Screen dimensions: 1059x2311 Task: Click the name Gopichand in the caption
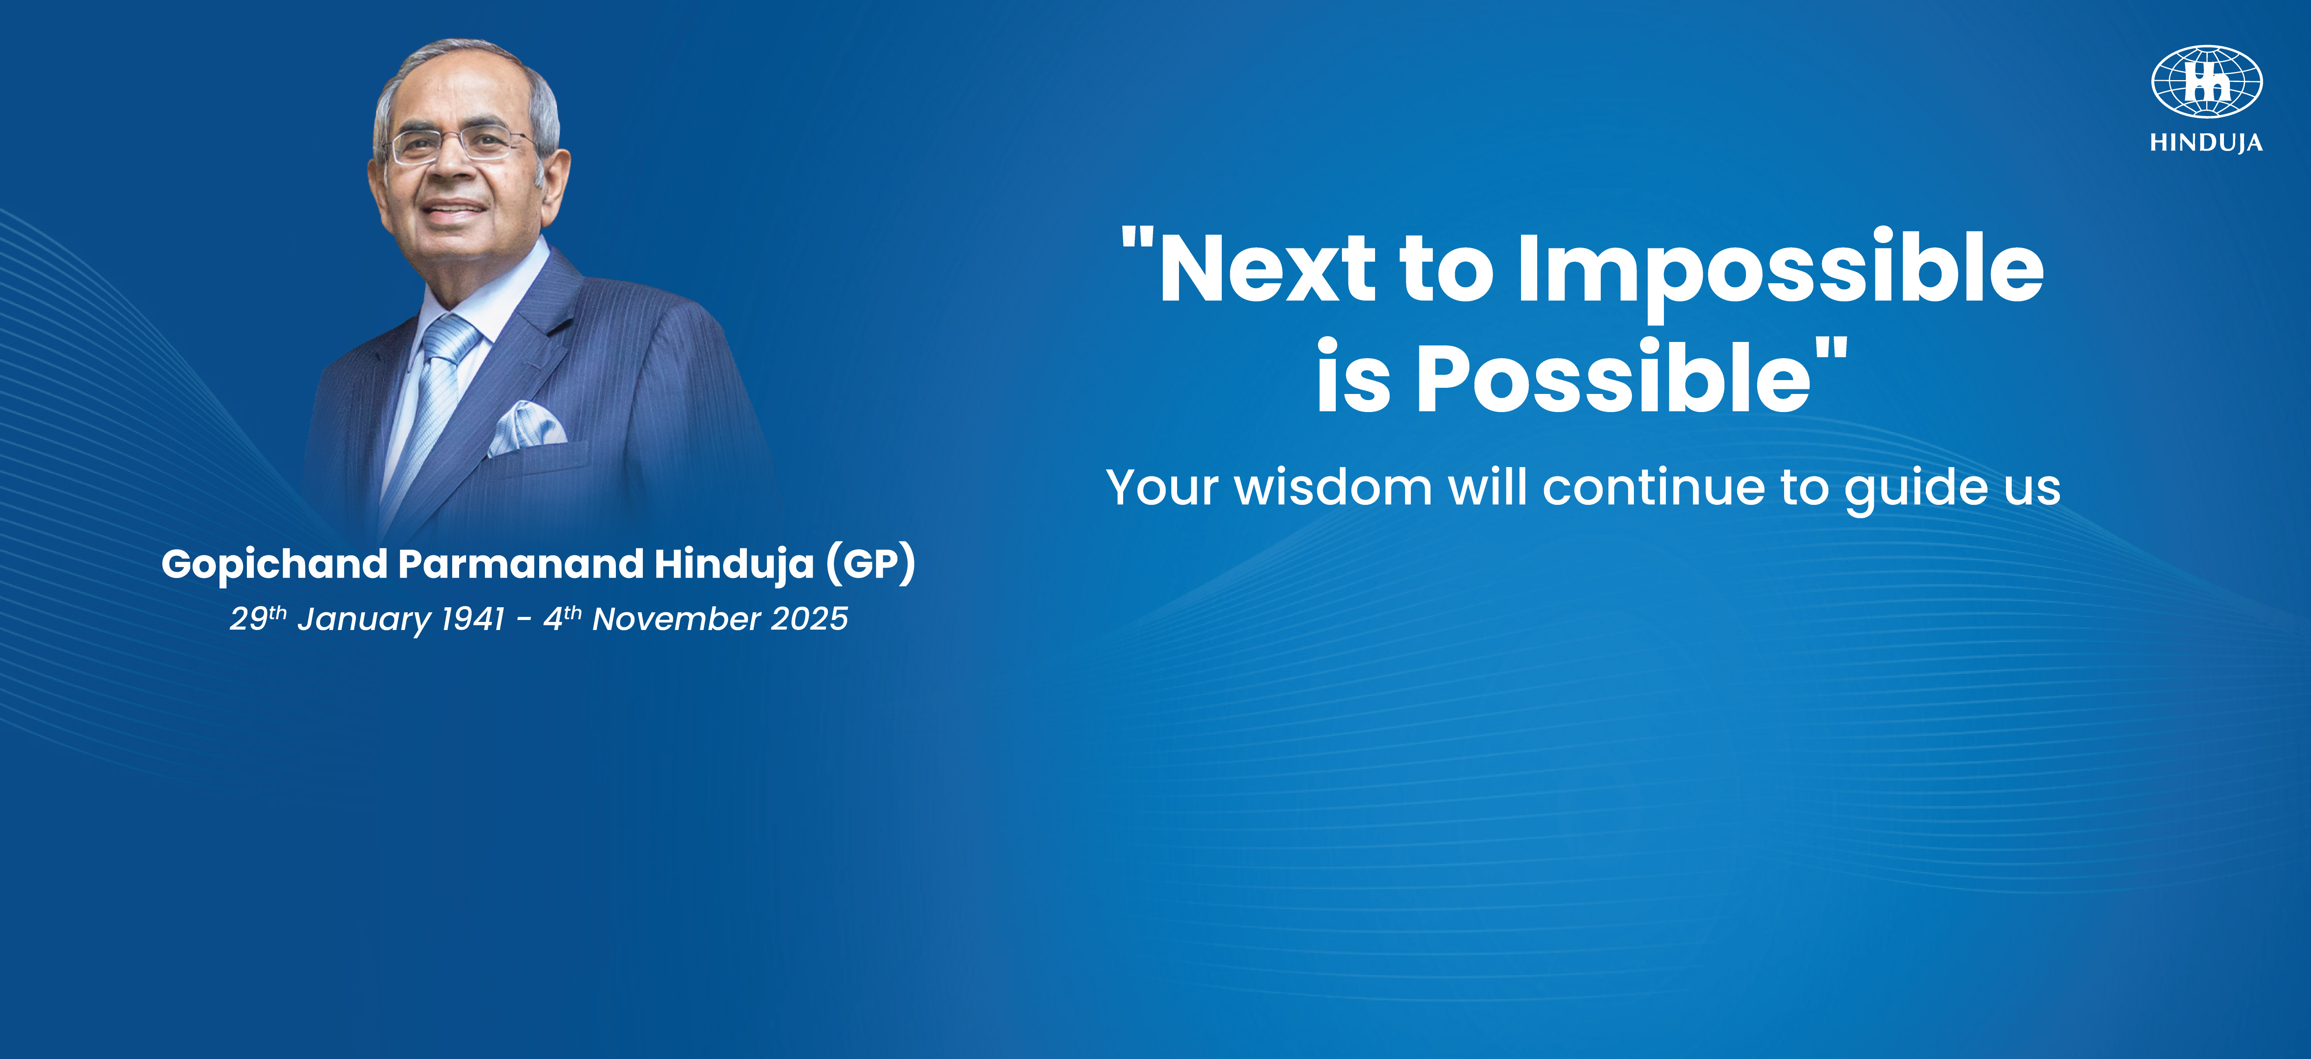tap(273, 565)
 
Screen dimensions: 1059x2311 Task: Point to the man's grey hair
tap(466, 63)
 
